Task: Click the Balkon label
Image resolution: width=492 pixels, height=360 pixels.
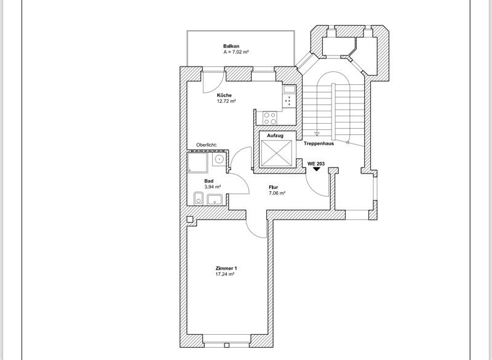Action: [231, 46]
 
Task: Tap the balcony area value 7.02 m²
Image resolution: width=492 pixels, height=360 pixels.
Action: [236, 53]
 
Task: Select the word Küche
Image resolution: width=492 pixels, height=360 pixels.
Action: [224, 95]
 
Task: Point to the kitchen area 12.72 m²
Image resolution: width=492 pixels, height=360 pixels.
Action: [226, 102]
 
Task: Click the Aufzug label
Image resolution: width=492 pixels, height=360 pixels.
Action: [274, 135]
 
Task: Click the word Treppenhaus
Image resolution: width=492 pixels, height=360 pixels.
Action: [318, 143]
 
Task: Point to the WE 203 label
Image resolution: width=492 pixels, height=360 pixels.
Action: [316, 163]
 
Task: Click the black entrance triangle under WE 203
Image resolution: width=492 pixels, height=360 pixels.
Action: [316, 170]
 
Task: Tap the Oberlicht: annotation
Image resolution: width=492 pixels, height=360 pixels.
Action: [206, 145]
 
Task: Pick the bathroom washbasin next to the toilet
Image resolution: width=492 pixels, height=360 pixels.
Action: [215, 199]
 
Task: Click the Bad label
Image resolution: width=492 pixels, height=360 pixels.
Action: [209, 181]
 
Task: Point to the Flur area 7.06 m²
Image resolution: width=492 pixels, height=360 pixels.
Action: [277, 193]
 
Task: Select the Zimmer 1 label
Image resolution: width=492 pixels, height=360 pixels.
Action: [226, 268]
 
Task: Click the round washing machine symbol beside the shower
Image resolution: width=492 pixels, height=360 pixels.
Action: [218, 159]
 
